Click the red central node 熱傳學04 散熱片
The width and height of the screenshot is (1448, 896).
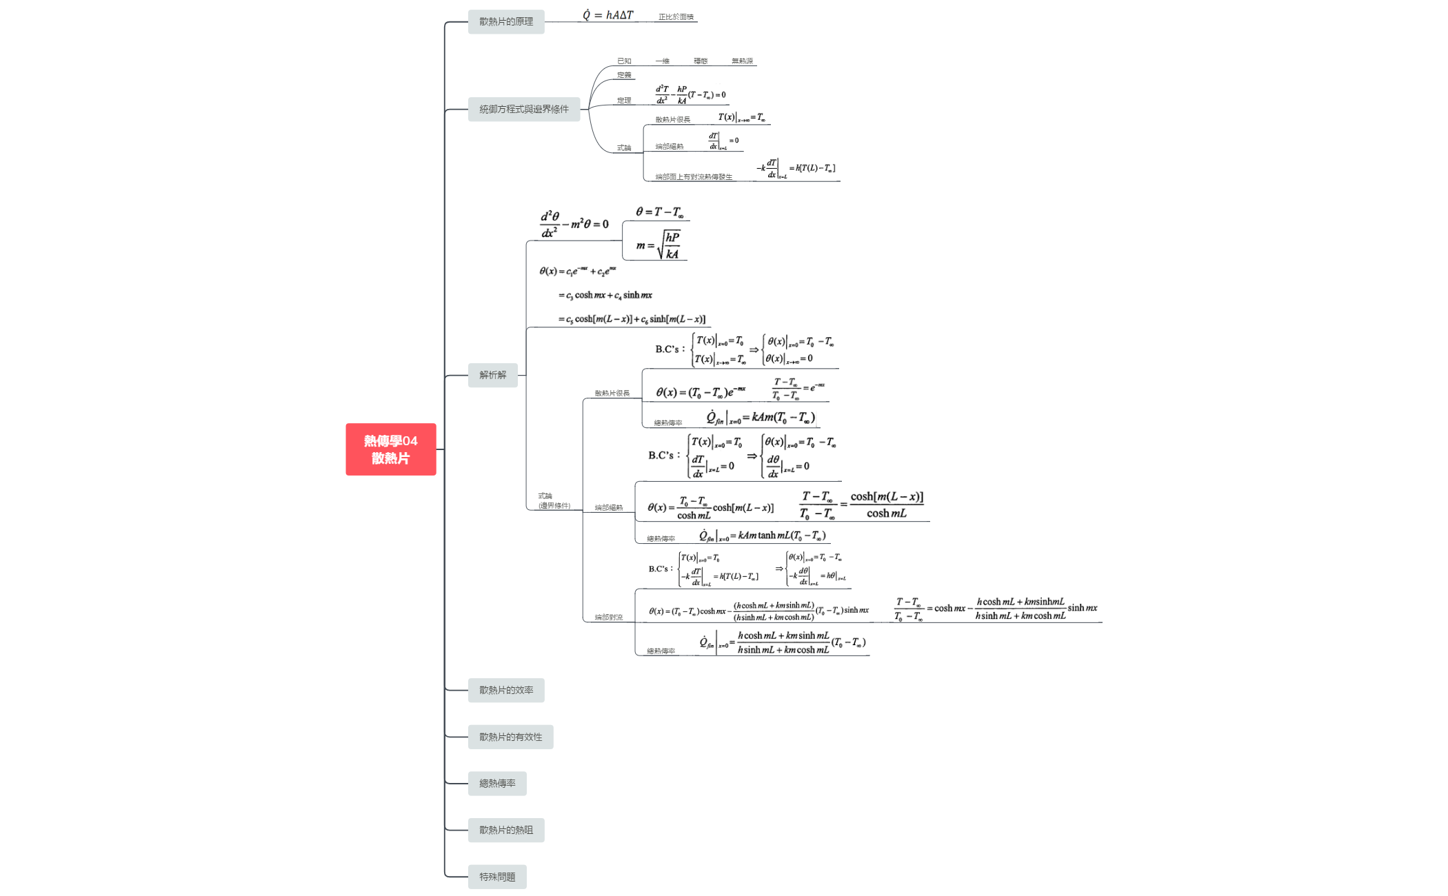pos(390,449)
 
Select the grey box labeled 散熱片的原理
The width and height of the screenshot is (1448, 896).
pos(505,22)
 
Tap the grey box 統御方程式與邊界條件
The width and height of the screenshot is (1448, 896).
pos(523,110)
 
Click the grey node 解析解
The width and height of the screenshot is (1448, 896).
pos(492,376)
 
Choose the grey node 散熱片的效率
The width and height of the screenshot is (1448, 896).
pos(505,691)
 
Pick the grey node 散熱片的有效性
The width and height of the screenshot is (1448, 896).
pos(510,737)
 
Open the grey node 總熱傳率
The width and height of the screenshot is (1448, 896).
pos(496,784)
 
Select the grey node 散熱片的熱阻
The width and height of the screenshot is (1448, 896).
pos(505,831)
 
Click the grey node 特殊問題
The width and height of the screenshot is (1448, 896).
pos(496,877)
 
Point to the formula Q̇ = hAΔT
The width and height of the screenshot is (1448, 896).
pos(607,15)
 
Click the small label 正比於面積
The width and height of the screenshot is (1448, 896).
pos(676,17)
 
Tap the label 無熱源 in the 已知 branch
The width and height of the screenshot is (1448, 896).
pos(742,61)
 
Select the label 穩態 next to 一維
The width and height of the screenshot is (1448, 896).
pos(701,61)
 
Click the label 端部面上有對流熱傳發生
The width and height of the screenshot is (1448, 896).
pos(694,177)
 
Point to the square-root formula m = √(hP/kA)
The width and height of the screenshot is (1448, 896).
pos(658,245)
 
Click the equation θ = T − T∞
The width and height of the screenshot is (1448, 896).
pos(659,212)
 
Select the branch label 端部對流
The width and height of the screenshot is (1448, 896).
pos(608,618)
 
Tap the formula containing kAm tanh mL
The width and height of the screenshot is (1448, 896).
pos(762,536)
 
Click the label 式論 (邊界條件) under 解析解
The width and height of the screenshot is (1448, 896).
pos(554,501)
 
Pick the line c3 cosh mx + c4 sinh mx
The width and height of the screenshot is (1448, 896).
pos(605,296)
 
